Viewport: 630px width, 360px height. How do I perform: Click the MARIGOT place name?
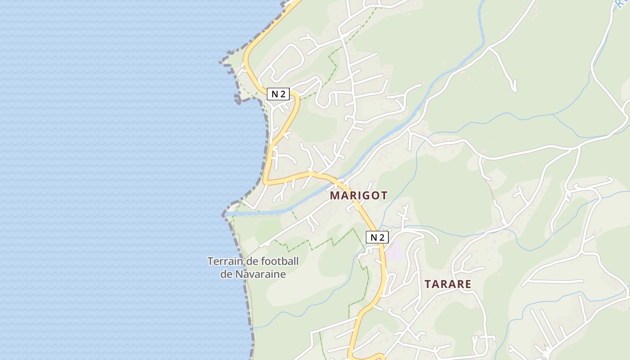tap(359, 195)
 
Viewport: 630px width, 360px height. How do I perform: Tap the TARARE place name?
tap(448, 284)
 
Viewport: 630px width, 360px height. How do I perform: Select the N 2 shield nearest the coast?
tap(278, 94)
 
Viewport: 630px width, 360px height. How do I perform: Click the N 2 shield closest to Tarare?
tap(377, 237)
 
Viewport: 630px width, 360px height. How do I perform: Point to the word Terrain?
tap(224, 261)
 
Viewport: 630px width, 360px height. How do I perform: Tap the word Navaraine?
tap(261, 274)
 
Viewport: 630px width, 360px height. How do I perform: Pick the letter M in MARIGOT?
tap(334, 195)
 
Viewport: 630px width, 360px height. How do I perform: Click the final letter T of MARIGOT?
tap(384, 195)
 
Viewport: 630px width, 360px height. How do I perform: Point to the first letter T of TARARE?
tap(428, 284)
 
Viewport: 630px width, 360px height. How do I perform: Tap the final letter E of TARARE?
tap(468, 284)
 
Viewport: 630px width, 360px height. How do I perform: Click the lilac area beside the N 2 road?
tap(394, 251)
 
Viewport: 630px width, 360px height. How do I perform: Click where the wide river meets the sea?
tap(232, 212)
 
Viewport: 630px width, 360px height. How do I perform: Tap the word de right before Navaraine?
tap(226, 274)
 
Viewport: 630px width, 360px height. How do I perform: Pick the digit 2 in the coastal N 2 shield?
tap(283, 94)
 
